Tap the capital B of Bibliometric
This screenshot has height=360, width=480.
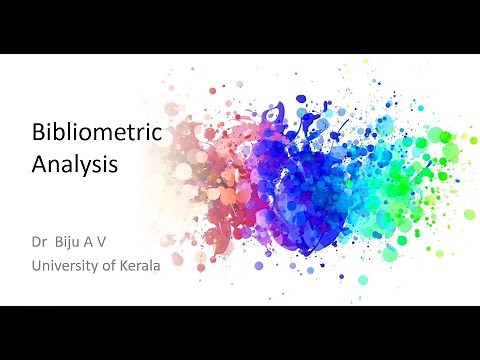pyautogui.click(x=40, y=134)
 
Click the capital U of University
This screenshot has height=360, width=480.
pyautogui.click(x=38, y=264)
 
